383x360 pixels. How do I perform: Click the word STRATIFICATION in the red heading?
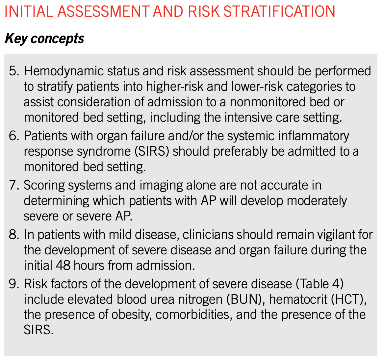pos(279,12)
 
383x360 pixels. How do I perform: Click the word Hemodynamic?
pos(64,71)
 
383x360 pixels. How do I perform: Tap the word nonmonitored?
pos(268,102)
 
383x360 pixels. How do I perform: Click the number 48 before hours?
pos(63,266)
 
